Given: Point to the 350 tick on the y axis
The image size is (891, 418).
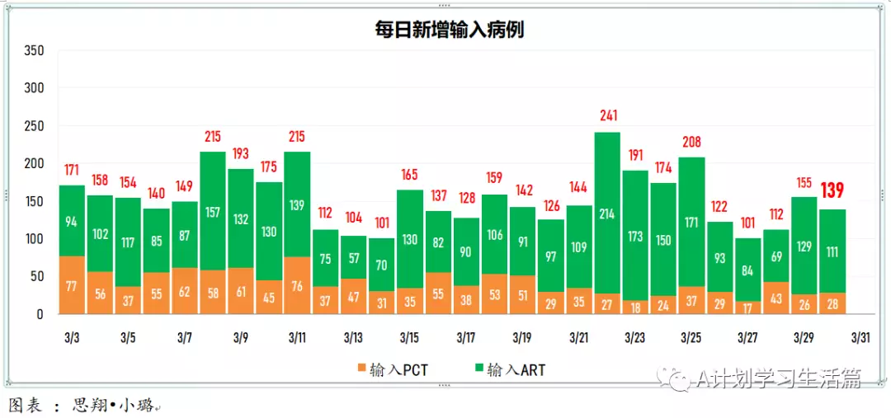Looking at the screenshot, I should pyautogui.click(x=34, y=50).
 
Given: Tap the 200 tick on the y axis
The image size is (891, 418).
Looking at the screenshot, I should pyautogui.click(x=34, y=163).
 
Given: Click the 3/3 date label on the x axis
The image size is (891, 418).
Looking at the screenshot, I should pyautogui.click(x=72, y=338).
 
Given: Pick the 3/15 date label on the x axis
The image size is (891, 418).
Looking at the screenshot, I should pyautogui.click(x=409, y=338).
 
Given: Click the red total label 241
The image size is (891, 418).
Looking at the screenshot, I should pyautogui.click(x=608, y=115).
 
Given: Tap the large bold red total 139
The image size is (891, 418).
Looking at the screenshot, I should pyautogui.click(x=832, y=191).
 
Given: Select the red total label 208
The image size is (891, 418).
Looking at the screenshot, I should pyautogui.click(x=691, y=141).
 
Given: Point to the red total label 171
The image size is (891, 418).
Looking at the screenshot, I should pyautogui.click(x=73, y=169).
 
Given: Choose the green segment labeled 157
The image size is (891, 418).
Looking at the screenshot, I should pyautogui.click(x=213, y=212).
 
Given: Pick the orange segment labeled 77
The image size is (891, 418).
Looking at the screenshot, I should pyautogui.click(x=73, y=286).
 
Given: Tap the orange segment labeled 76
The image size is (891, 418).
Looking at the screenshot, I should pyautogui.click(x=297, y=286).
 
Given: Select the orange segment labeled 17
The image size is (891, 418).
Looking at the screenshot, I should pyautogui.click(x=747, y=308).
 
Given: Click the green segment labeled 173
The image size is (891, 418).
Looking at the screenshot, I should pyautogui.click(x=635, y=236).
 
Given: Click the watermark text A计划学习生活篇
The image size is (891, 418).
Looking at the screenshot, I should pyautogui.click(x=778, y=378).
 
